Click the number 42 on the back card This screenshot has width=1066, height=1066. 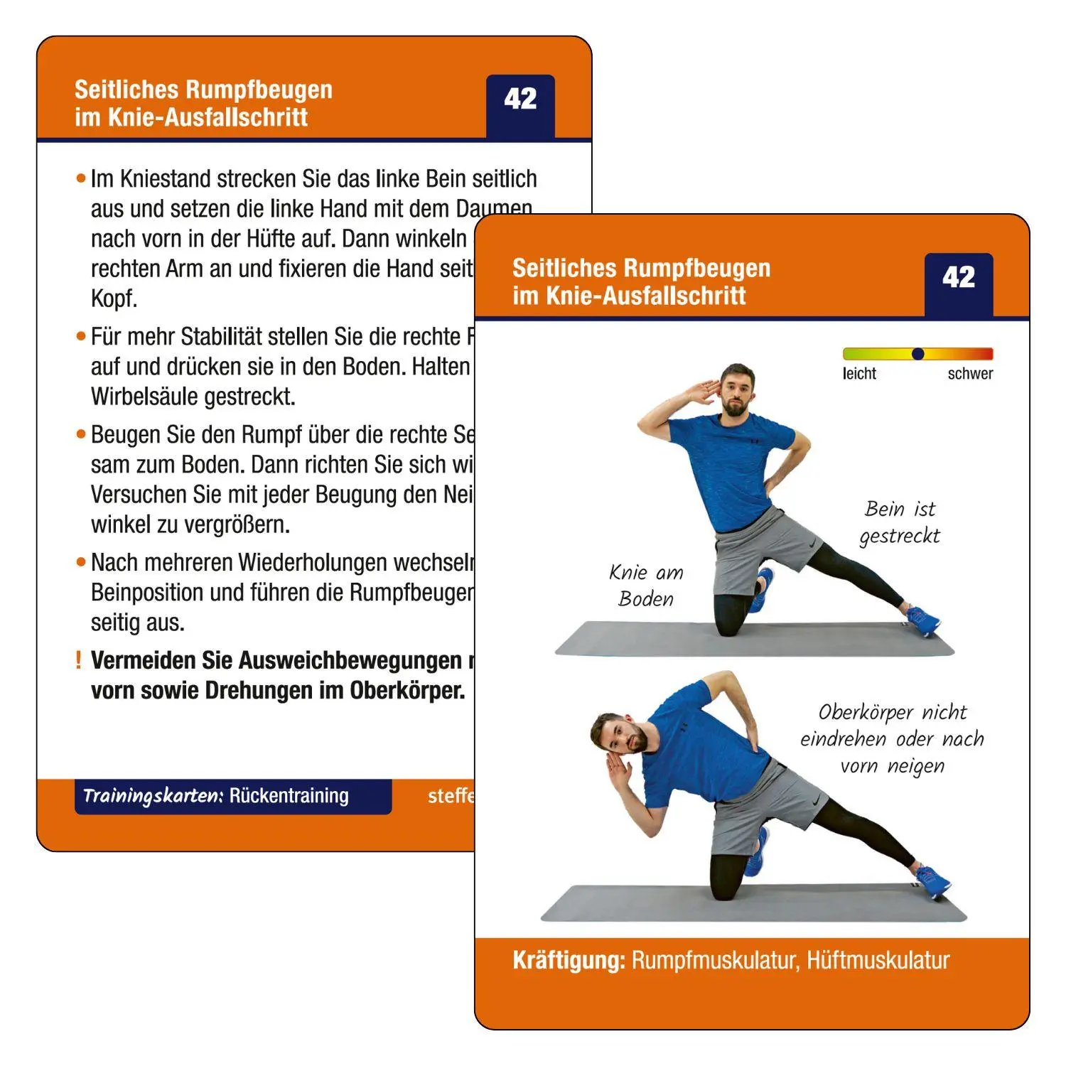(x=520, y=99)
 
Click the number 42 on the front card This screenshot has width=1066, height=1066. (x=959, y=277)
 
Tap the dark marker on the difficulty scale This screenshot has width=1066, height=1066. (x=917, y=354)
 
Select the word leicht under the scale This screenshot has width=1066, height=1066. (x=859, y=374)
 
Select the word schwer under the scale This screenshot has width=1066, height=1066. (x=970, y=374)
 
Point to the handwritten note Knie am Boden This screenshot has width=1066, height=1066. (x=646, y=586)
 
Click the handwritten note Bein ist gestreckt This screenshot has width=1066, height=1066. (x=900, y=522)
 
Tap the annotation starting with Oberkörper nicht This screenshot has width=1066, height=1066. (x=893, y=739)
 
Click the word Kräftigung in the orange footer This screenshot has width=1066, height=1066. (x=569, y=961)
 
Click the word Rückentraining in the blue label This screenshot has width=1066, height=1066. (x=289, y=796)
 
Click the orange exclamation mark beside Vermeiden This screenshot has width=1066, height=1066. (x=78, y=660)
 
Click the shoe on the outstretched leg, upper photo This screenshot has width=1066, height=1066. (x=922, y=620)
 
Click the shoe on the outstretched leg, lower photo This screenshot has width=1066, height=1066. (x=932, y=881)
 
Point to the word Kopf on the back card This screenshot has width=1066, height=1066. (x=114, y=299)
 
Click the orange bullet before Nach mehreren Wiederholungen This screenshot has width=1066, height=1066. (x=81, y=562)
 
